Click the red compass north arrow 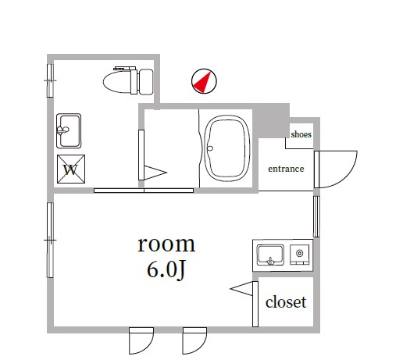204,83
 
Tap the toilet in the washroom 128,81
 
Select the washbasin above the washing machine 69,130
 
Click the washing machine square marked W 71,169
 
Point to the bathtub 227,148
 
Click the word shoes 301,134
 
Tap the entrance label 286,169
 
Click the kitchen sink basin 270,255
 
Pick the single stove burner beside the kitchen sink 300,253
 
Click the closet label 286,302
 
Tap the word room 166,244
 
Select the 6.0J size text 166,270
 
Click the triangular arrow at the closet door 241,289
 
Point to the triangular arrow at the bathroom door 155,173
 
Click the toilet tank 146,82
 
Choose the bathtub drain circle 210,148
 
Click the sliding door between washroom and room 144,191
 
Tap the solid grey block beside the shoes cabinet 271,120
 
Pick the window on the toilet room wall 50,80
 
